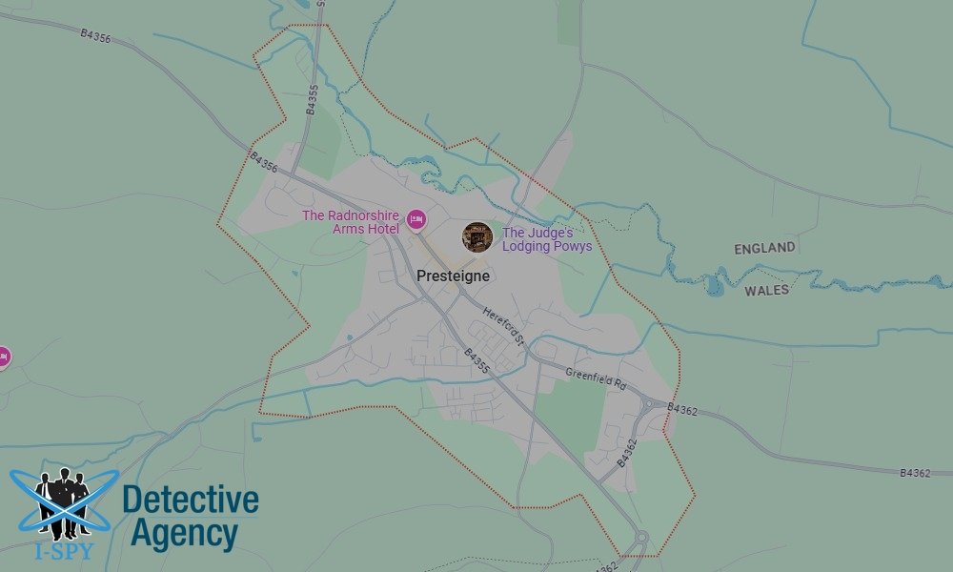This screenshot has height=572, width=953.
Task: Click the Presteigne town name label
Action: click(453, 276)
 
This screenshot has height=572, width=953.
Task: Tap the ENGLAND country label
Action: click(764, 248)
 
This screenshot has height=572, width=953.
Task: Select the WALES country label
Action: click(766, 290)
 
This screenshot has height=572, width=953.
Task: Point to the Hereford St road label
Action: click(503, 325)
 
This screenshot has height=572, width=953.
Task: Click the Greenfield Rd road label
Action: click(595, 378)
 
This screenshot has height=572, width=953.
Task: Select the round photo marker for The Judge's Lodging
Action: click(476, 237)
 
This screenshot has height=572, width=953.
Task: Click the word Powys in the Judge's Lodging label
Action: click(573, 246)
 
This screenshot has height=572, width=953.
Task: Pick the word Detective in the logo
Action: click(191, 500)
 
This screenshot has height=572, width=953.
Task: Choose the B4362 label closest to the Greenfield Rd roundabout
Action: click(682, 410)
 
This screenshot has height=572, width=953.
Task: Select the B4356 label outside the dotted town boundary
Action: click(95, 35)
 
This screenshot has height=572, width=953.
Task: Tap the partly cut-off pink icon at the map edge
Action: click(3, 357)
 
